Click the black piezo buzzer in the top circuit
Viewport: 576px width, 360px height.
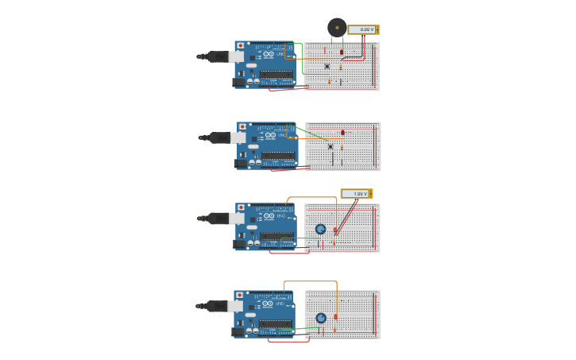(337, 27)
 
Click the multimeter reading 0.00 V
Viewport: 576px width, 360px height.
(363, 29)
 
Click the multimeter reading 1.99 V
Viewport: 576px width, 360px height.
(356, 194)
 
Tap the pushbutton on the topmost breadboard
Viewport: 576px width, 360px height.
(327, 66)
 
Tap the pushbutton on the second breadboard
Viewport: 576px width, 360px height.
(331, 145)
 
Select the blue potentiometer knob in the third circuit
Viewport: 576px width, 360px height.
(320, 229)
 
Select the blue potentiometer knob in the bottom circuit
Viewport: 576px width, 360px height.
(321, 318)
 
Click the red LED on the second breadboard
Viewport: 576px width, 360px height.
(342, 133)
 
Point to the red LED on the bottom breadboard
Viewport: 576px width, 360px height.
(335, 316)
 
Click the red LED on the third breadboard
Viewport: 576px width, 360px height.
(335, 230)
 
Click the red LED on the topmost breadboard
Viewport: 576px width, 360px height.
(342, 52)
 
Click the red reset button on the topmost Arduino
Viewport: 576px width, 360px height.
(241, 46)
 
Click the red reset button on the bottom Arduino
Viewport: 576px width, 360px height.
(240, 295)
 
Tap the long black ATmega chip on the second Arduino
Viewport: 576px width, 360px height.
(278, 156)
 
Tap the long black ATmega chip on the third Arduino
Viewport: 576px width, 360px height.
(276, 237)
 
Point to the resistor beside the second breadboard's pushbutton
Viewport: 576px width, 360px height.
(342, 147)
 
